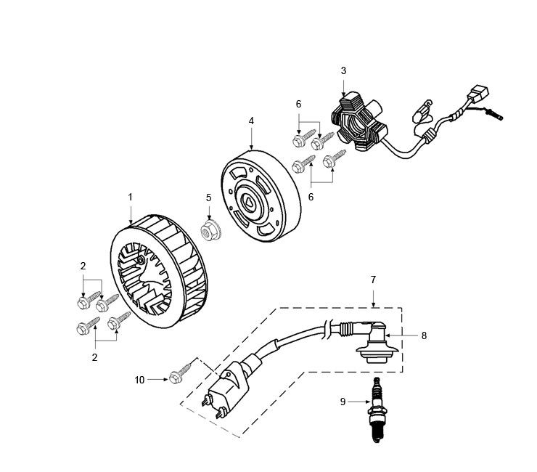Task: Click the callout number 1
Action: click(x=130, y=197)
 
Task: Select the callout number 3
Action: click(x=343, y=70)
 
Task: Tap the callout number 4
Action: click(x=251, y=121)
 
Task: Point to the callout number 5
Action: click(x=208, y=197)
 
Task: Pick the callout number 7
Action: click(x=373, y=280)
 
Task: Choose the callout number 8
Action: click(x=425, y=335)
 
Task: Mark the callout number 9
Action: click(x=343, y=401)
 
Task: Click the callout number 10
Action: click(x=139, y=379)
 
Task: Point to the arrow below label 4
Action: click(x=251, y=137)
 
